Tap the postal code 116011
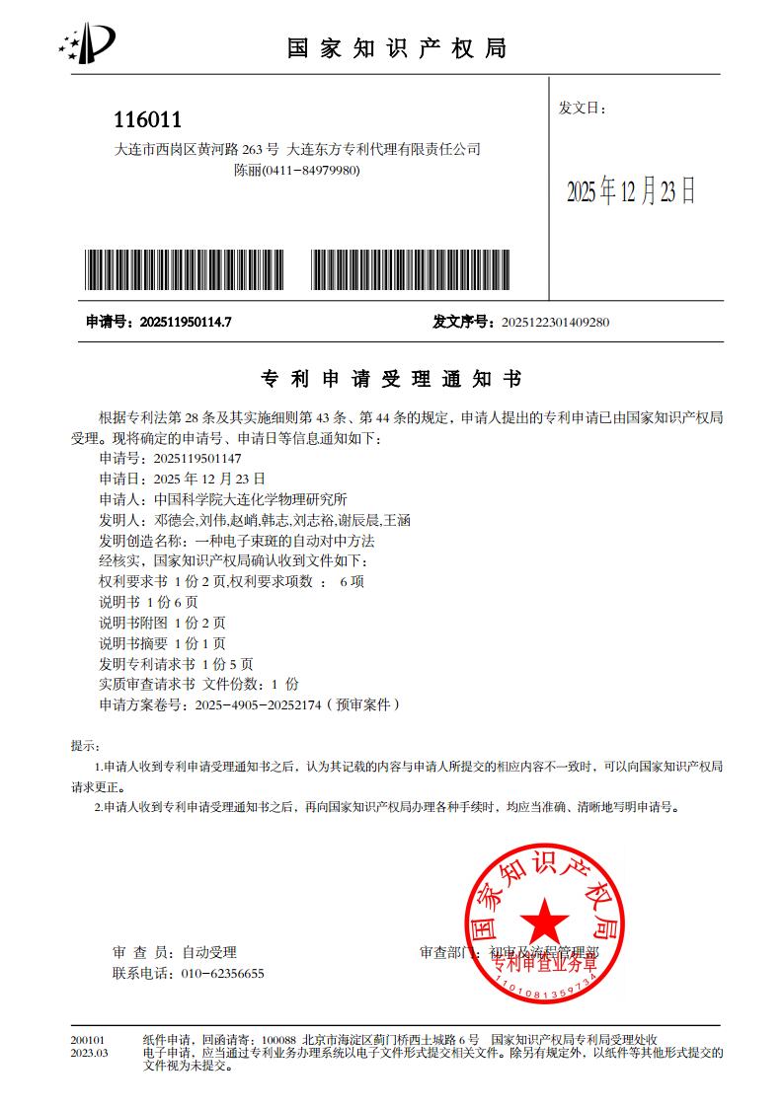pyautogui.click(x=148, y=120)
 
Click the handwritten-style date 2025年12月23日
pyautogui.click(x=630, y=191)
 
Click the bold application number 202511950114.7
pyautogui.click(x=186, y=322)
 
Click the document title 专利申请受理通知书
pyautogui.click(x=390, y=379)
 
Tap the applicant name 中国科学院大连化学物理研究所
pyautogui.click(x=252, y=499)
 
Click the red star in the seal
pyautogui.click(x=544, y=922)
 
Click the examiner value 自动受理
pyautogui.click(x=209, y=952)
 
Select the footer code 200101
pyautogui.click(x=88, y=1040)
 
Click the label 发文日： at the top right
pyautogui.click(x=583, y=107)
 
